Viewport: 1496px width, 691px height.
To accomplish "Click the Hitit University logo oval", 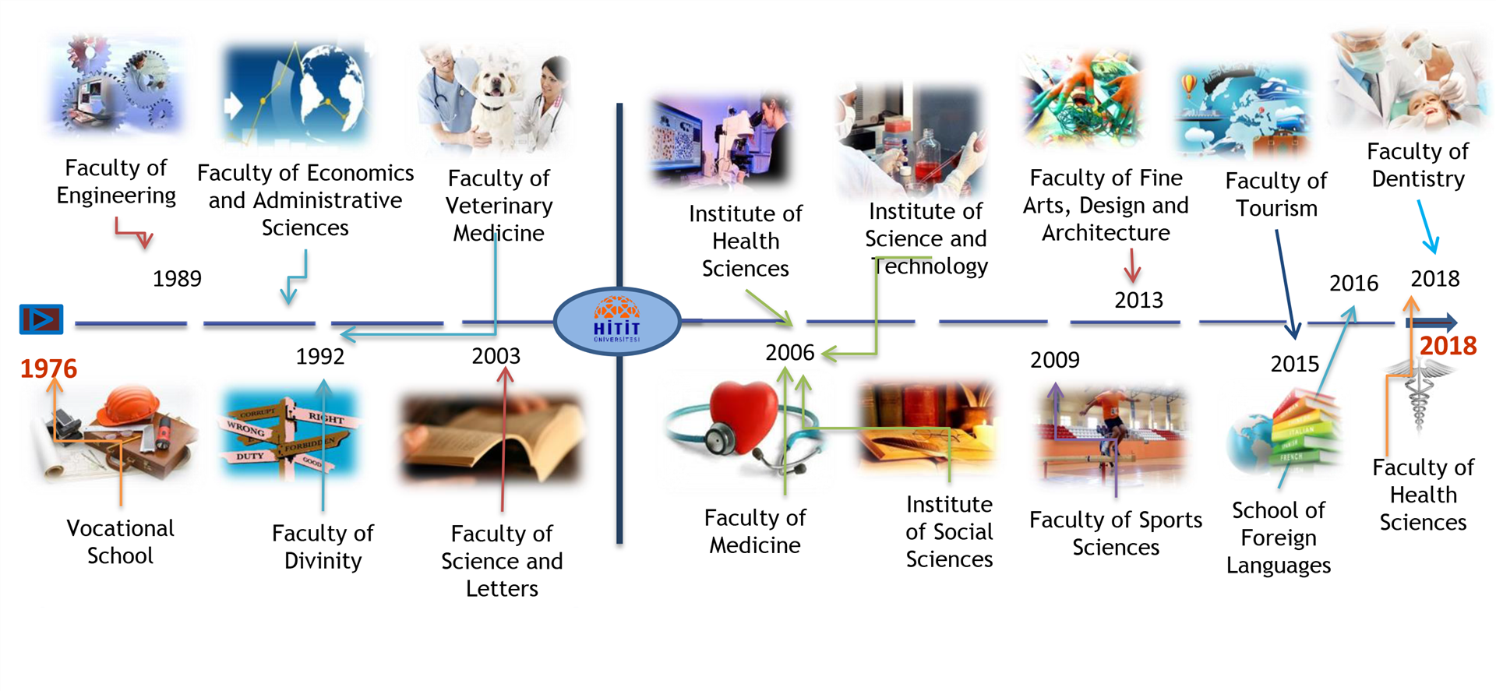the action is point(617,321).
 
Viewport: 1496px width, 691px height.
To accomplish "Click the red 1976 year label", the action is point(48,368).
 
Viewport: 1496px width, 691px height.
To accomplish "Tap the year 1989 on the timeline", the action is point(177,278).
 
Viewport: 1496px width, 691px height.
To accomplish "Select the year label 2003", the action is point(496,356).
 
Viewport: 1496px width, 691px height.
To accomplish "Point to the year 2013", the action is point(1138,300).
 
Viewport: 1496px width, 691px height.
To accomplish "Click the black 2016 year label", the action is point(1353,283).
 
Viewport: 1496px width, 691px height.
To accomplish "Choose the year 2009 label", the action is point(1055,360).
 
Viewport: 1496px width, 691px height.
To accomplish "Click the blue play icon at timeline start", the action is point(41,319).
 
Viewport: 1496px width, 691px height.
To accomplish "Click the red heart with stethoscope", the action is point(744,417).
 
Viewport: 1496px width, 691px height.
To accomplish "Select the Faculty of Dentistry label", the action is point(1418,165).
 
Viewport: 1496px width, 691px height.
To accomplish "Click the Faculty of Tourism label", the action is point(1276,195).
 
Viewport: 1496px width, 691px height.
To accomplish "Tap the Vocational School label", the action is point(121,542).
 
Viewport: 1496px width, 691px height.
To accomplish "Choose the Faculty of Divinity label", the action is point(323,547).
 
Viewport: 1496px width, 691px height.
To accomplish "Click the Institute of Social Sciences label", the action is point(949,532).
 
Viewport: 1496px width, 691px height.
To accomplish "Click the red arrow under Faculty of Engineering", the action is point(133,232).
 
